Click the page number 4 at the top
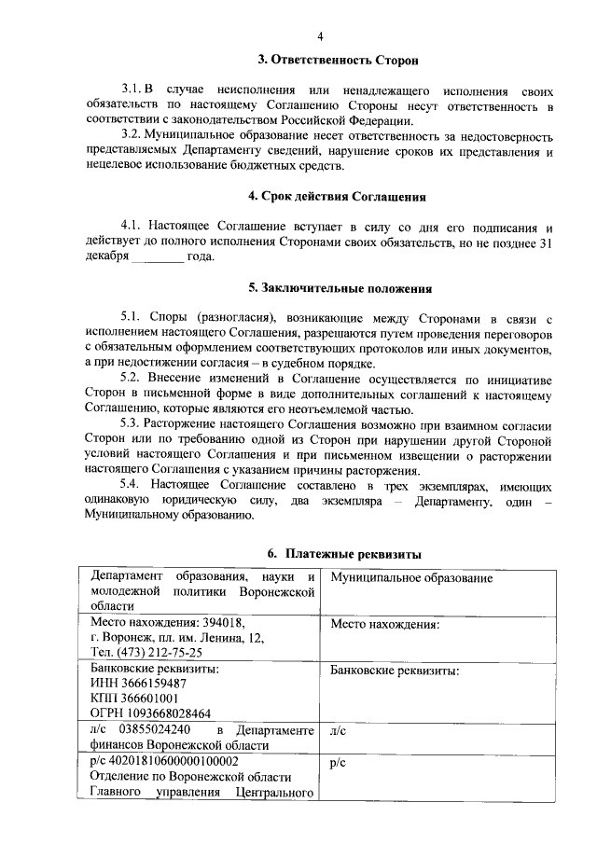(319, 36)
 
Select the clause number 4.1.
(134, 227)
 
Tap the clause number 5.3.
(134, 425)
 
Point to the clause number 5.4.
(134, 487)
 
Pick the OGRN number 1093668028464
(170, 713)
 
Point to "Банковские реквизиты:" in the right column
(396, 670)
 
